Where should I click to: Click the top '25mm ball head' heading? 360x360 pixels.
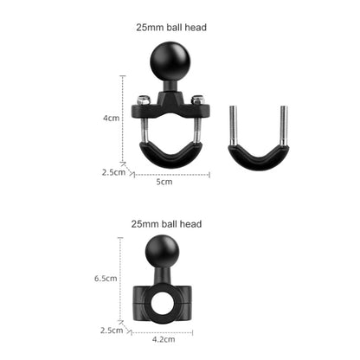171,28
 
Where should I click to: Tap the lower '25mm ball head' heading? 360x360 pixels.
166,224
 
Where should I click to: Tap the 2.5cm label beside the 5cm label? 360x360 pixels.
113,171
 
